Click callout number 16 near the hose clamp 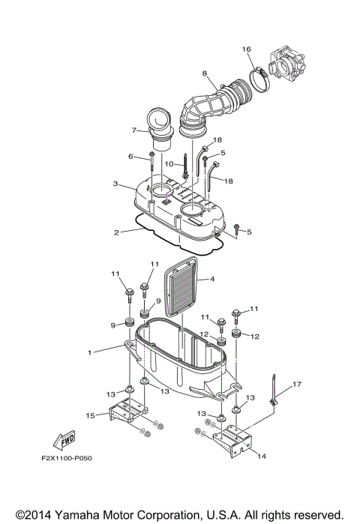246,49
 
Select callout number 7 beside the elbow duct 134,130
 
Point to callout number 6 130,157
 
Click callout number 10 169,163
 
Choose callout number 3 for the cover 115,184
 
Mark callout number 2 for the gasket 116,232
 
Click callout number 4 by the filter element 212,279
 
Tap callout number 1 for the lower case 90,352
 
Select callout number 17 297,385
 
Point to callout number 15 90,415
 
